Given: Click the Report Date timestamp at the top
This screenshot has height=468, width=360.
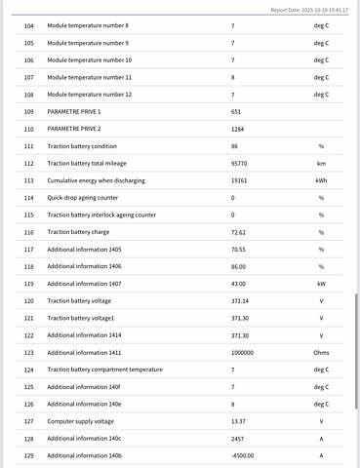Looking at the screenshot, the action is click(x=309, y=9).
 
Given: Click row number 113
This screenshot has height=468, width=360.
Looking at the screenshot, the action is click(x=27, y=180).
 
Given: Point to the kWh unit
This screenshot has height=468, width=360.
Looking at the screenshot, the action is click(x=321, y=180).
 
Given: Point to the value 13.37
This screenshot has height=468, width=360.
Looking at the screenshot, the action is click(x=239, y=421).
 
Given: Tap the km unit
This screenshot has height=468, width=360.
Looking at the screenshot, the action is click(x=321, y=163).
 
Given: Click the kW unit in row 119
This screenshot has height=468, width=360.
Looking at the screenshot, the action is click(x=321, y=284).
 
